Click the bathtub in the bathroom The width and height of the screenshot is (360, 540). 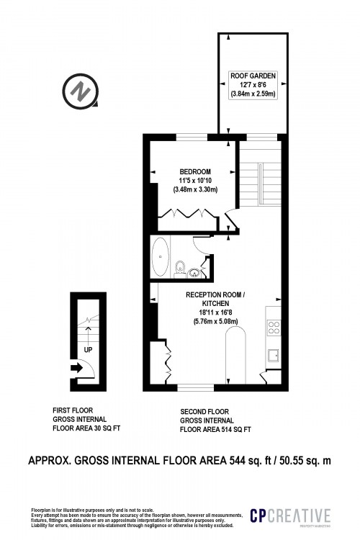click(x=161, y=258)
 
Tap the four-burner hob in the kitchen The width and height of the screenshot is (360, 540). click(x=274, y=328)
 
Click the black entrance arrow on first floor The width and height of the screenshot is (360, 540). click(x=77, y=368)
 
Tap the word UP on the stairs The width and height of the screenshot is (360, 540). click(x=89, y=349)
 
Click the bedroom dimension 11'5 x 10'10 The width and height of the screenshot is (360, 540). click(x=194, y=180)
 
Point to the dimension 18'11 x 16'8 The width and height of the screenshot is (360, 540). click(x=215, y=313)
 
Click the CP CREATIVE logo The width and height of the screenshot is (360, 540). click(x=289, y=516)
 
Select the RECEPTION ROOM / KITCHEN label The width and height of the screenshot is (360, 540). click(x=215, y=300)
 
